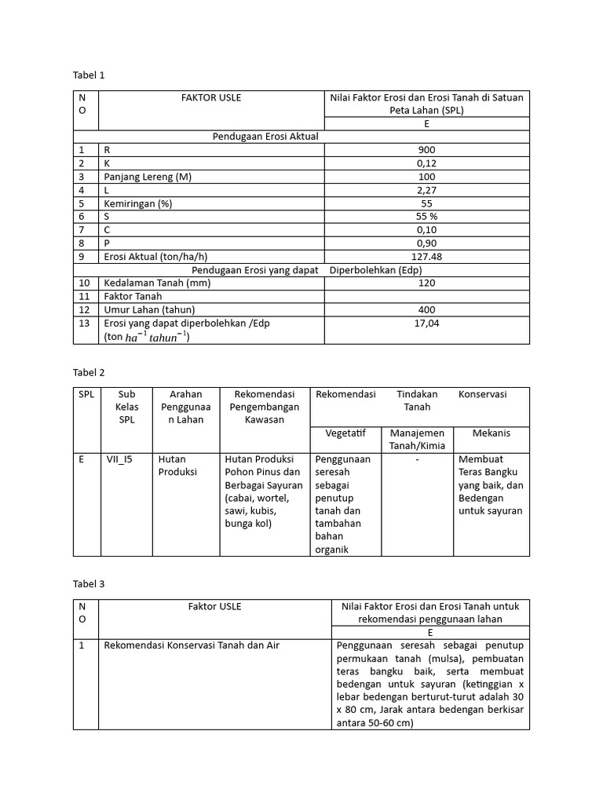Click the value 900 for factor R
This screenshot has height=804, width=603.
(x=427, y=150)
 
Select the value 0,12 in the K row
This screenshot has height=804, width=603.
(x=427, y=163)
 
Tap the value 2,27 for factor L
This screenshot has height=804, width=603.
(x=427, y=190)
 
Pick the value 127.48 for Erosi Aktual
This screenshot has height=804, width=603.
(x=427, y=257)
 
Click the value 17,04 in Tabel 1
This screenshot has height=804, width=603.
(x=427, y=323)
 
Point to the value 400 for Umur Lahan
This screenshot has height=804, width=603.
(x=427, y=310)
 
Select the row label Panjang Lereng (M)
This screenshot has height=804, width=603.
(x=147, y=177)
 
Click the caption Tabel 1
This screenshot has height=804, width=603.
(x=89, y=75)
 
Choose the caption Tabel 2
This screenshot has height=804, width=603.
(x=89, y=372)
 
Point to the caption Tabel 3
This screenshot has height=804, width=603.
(x=89, y=584)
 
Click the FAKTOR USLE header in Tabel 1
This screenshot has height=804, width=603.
(x=211, y=97)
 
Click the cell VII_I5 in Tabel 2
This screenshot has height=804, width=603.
(x=120, y=459)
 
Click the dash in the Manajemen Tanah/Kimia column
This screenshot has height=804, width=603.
(x=418, y=459)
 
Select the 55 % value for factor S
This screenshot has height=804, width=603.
(x=427, y=217)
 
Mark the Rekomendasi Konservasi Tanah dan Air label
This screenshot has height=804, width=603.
(x=192, y=645)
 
